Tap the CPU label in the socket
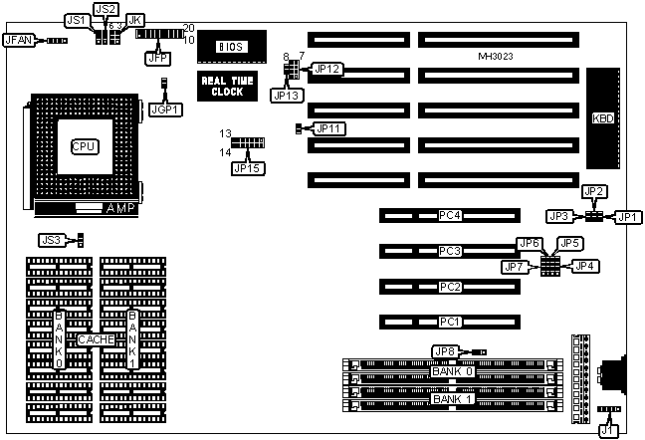tap(84, 146)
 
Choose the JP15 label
tap(244, 167)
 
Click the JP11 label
tap(328, 127)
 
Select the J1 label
tap(608, 430)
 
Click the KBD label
tap(602, 117)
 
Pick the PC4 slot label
tap(450, 215)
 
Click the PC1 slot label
tap(450, 322)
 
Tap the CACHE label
tap(96, 339)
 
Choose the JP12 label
tap(327, 69)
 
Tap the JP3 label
tap(558, 216)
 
